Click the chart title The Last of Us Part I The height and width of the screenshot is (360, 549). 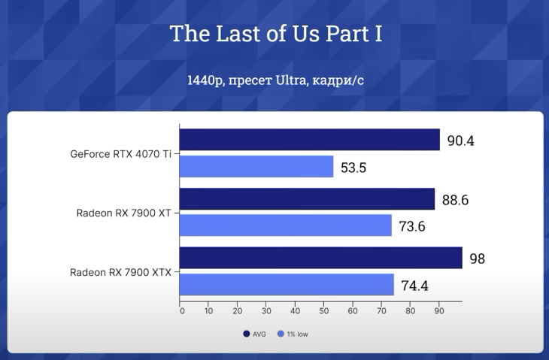[275, 34]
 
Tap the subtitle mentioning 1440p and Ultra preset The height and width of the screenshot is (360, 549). [275, 80]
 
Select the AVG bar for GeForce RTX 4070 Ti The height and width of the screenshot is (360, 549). [309, 140]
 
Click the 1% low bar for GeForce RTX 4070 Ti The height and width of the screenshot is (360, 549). [256, 167]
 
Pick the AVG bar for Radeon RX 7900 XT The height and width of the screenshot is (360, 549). [307, 199]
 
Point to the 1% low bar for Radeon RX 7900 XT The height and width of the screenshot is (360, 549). [286, 225]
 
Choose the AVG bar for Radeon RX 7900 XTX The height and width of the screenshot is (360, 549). [320, 258]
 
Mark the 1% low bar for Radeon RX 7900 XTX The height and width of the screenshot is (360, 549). [287, 285]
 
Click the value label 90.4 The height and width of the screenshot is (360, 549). [460, 141]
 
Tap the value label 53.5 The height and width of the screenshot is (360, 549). [353, 168]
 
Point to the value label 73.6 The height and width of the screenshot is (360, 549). [411, 226]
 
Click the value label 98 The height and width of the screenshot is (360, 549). [477, 259]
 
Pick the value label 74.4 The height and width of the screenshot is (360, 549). [414, 286]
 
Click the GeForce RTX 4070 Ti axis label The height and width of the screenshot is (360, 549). [120, 154]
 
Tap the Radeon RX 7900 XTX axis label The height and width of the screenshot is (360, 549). [120, 272]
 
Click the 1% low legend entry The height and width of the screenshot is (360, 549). [293, 334]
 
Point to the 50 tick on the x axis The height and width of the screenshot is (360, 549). [324, 310]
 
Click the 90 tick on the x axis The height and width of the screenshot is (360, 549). [438, 310]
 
